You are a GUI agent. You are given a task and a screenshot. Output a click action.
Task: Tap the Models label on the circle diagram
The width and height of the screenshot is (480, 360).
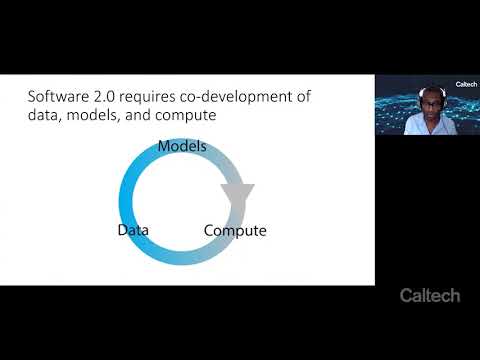[182, 147]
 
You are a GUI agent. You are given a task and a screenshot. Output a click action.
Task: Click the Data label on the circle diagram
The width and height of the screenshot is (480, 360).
[133, 231]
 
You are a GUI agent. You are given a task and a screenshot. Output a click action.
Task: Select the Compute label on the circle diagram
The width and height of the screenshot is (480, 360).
[235, 231]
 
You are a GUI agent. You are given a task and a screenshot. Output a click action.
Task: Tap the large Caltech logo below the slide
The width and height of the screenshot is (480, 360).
[430, 296]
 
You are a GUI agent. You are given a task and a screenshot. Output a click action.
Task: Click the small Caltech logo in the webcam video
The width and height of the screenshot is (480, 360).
[466, 85]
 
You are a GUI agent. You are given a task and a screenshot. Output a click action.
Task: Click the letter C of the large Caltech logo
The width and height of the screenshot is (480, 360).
[406, 296]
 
